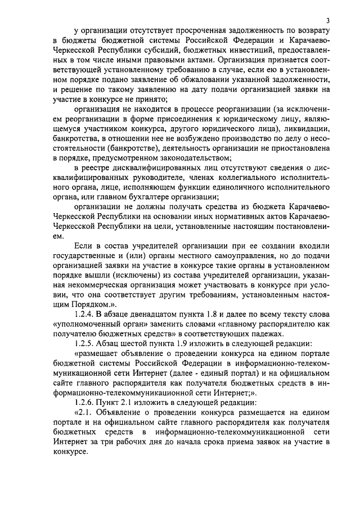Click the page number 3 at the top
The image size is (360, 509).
pyautogui.click(x=328, y=21)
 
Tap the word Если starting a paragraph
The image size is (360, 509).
pyautogui.click(x=81, y=247)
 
